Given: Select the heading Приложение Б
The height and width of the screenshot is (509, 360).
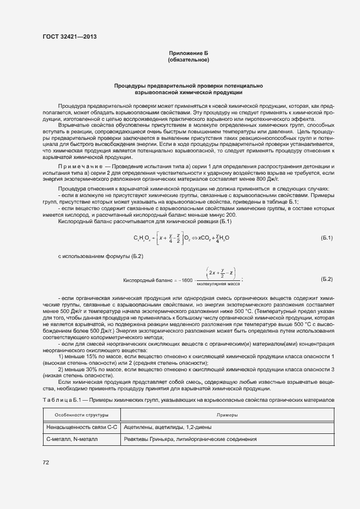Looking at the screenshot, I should [x=188, y=53].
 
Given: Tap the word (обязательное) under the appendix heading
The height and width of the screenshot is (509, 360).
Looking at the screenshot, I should [x=188, y=59].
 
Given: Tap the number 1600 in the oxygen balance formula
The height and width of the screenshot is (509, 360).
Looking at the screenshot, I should [x=187, y=280].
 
